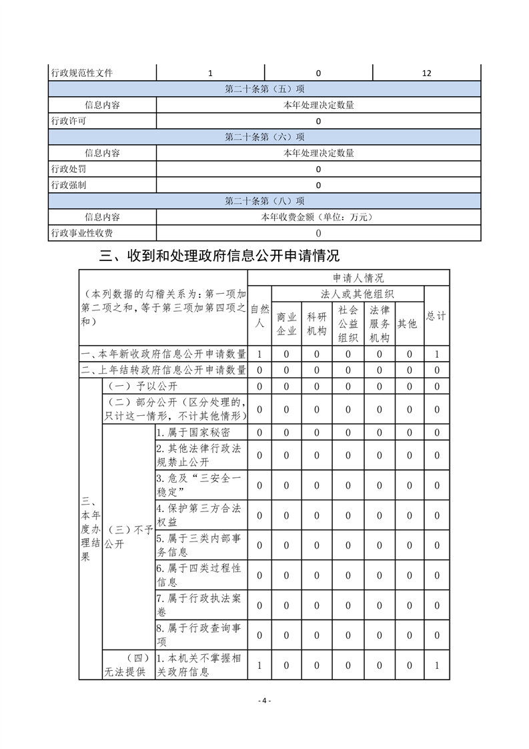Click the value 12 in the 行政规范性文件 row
(426, 73)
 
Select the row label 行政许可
(68, 121)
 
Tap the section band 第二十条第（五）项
(265, 89)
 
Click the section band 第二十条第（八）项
(265, 201)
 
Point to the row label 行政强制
(68, 185)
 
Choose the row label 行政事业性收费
(81, 233)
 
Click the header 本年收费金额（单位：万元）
(318, 217)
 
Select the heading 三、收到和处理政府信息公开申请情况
(219, 255)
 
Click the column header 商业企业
(286, 324)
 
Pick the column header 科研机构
(317, 324)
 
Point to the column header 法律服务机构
(379, 324)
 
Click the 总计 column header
(436, 316)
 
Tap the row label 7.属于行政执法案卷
(199, 605)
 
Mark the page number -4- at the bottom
(264, 700)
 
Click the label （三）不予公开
(127, 537)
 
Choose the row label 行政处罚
(68, 169)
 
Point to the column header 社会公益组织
(348, 324)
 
